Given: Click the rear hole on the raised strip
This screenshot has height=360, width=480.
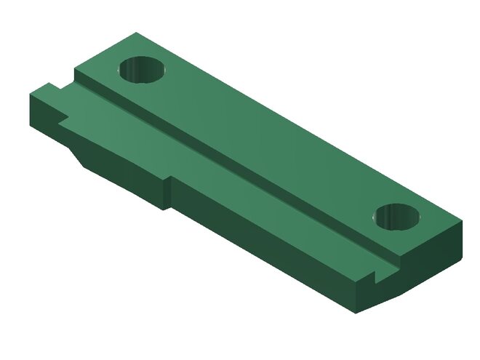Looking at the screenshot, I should (143, 70).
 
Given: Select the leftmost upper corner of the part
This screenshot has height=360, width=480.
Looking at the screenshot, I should (31, 95).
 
